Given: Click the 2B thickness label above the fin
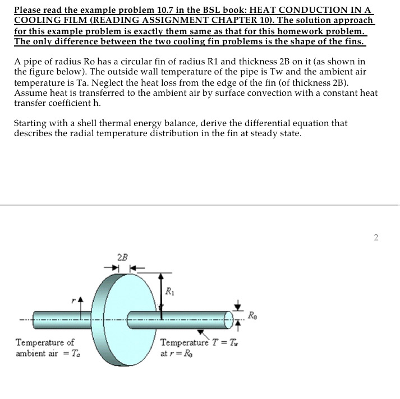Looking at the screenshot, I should click(x=122, y=257).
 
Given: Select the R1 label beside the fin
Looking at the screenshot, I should click(x=170, y=291).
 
